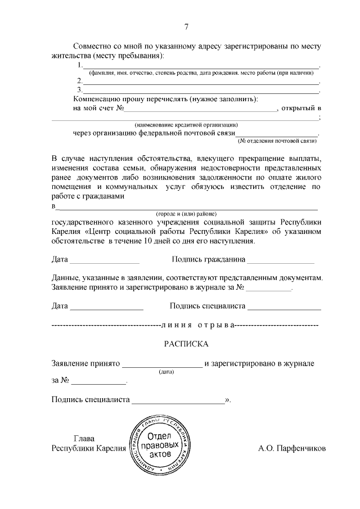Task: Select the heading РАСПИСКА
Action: pos(186,343)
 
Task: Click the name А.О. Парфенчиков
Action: pos(292,448)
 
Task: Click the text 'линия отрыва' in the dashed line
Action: pos(196,325)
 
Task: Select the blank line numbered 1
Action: pos(201,67)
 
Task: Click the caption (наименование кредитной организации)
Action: pos(186,124)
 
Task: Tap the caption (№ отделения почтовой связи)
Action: pos(278,141)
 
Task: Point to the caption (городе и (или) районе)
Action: pos(186,214)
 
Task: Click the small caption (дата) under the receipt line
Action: pos(167,372)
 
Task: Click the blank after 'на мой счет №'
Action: pos(200,109)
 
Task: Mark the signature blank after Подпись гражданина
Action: pos(281,261)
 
